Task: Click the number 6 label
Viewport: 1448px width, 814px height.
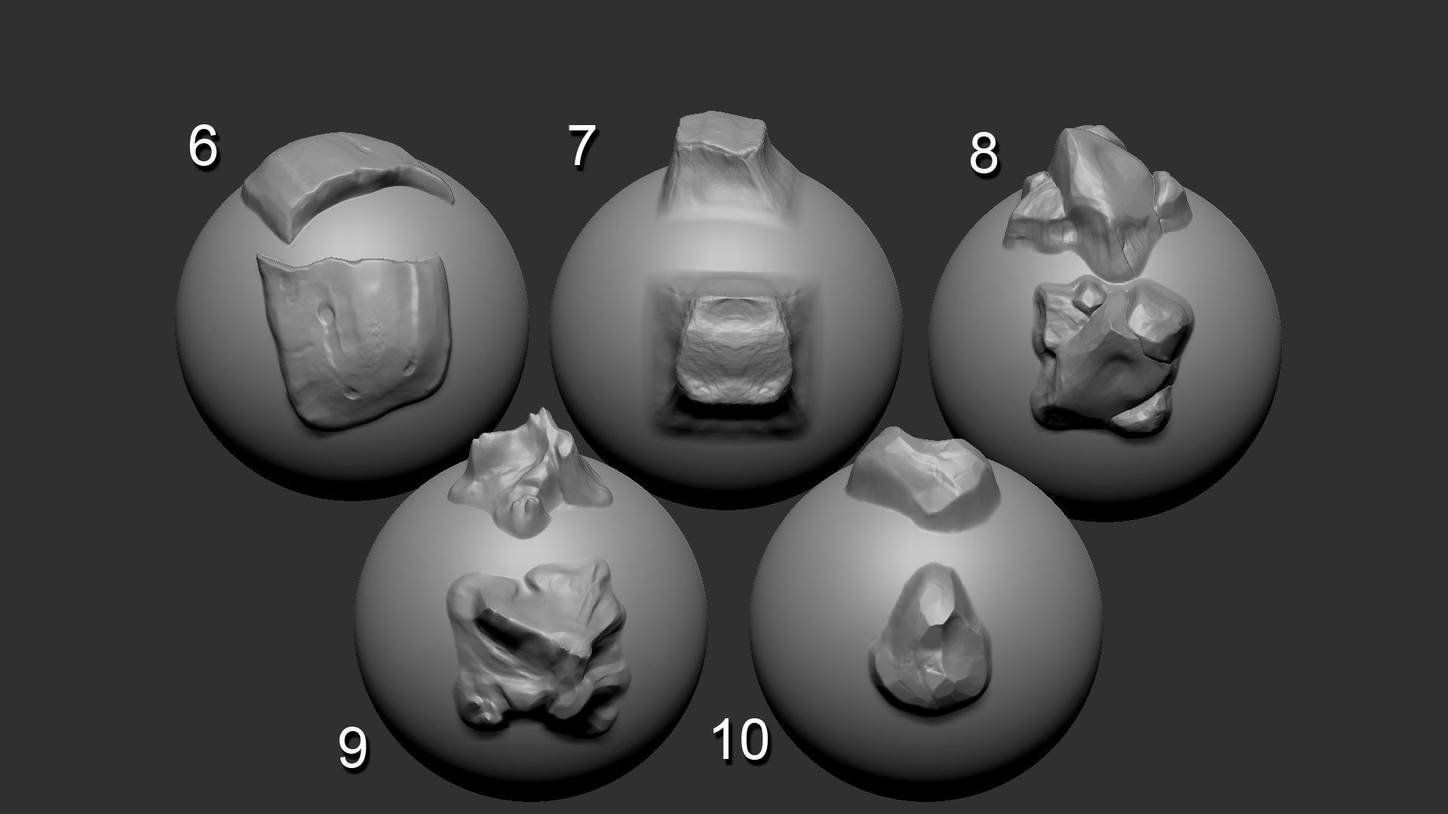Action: [x=202, y=146]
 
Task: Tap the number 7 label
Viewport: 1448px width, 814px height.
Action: [x=581, y=146]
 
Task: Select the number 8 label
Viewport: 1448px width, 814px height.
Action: [x=983, y=154]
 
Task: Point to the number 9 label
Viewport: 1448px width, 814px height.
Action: [x=352, y=747]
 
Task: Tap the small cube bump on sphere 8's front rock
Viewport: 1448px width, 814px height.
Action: [x=1086, y=298]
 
